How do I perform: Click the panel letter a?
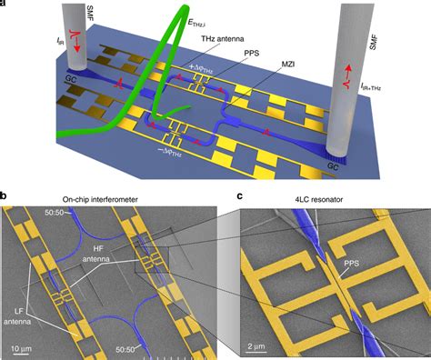click(5, 5)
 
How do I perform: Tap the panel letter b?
click(5, 194)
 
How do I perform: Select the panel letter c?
click(239, 194)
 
